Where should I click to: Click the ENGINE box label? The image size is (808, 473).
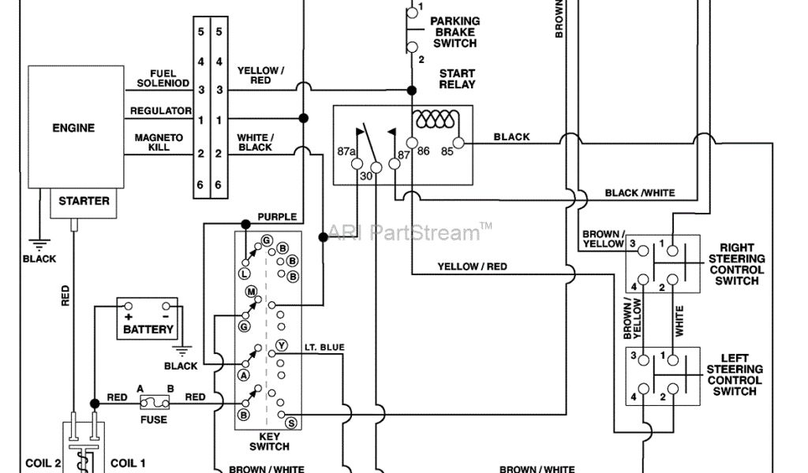click(73, 128)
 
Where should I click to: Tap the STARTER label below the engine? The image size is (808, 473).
click(84, 201)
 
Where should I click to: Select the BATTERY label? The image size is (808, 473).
click(148, 330)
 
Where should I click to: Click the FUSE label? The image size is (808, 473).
click(153, 419)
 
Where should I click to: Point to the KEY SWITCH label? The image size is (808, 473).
click(269, 441)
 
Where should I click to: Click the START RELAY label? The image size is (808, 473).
click(457, 79)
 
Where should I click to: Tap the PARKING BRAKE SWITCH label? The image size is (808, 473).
click(455, 32)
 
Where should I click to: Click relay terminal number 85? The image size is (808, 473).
click(447, 151)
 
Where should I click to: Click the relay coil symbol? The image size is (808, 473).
click(435, 120)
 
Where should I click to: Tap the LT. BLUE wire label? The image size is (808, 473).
click(324, 347)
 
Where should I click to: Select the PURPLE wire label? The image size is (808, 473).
click(277, 217)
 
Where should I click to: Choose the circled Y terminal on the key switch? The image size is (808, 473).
click(281, 345)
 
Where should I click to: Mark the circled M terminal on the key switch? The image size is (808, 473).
click(252, 292)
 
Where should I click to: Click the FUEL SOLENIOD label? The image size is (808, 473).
click(163, 79)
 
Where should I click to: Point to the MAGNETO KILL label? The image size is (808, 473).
click(159, 143)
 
